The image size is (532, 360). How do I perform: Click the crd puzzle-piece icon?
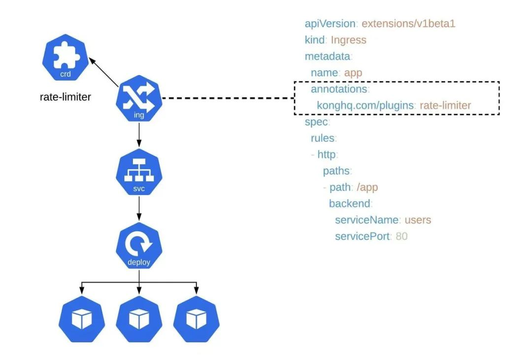pos(65,57)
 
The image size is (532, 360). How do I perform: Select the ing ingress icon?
pos(139,98)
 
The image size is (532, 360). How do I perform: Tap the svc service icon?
pos(139,172)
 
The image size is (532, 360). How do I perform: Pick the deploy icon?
pos(139,246)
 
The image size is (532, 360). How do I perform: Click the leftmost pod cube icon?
pos(81,319)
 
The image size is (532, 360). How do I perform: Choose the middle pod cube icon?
pos(139,319)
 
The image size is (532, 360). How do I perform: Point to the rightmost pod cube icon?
pos(196,319)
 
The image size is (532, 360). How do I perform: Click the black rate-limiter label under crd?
pos(65,97)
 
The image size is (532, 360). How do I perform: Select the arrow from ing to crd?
pos(104,72)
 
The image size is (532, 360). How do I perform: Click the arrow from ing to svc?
pos(139,135)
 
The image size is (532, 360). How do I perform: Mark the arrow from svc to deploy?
pos(139,208)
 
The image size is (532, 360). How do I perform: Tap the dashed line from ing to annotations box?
pos(229,98)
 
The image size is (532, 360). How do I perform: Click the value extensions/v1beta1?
pos(408,24)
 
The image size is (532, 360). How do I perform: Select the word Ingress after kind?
pos(348,40)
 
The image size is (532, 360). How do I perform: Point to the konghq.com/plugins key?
pos(365,105)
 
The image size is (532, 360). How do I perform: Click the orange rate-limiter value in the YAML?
pos(445,105)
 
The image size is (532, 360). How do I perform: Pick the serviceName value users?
pos(418,220)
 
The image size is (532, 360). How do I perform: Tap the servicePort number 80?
pos(401,236)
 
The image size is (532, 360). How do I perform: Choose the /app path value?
pos(367,187)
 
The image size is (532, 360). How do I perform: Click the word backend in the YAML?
pos(349,203)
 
